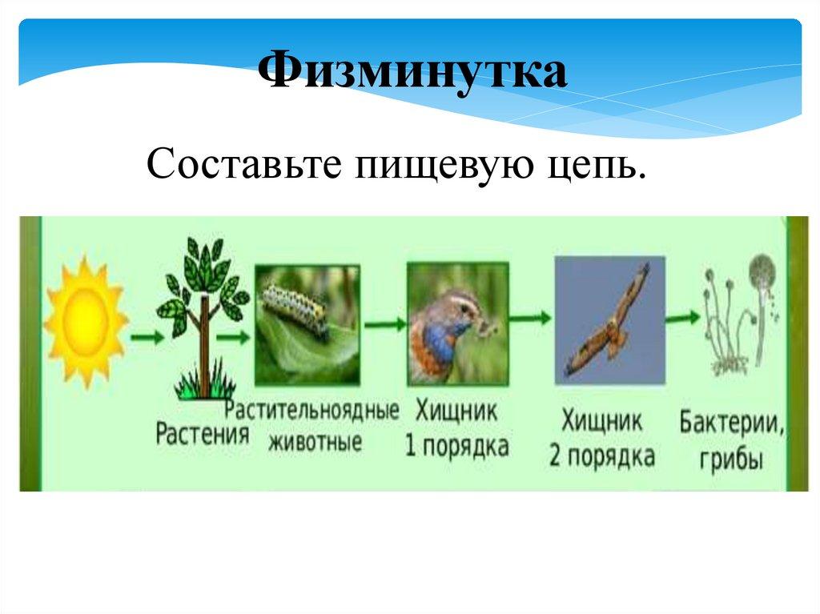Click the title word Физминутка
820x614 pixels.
tap(412, 70)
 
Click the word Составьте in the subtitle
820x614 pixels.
tap(244, 163)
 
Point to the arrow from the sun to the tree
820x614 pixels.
tap(147, 337)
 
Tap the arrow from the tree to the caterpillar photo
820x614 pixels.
tap(233, 337)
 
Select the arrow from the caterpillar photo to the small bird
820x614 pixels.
tap(385, 324)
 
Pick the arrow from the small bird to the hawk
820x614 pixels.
tap(530, 317)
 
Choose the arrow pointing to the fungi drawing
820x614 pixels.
tap(682, 317)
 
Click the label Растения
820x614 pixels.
tap(203, 434)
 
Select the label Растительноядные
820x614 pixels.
tap(312, 411)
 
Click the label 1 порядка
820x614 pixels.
tap(456, 446)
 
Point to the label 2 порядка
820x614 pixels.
tap(601, 455)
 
